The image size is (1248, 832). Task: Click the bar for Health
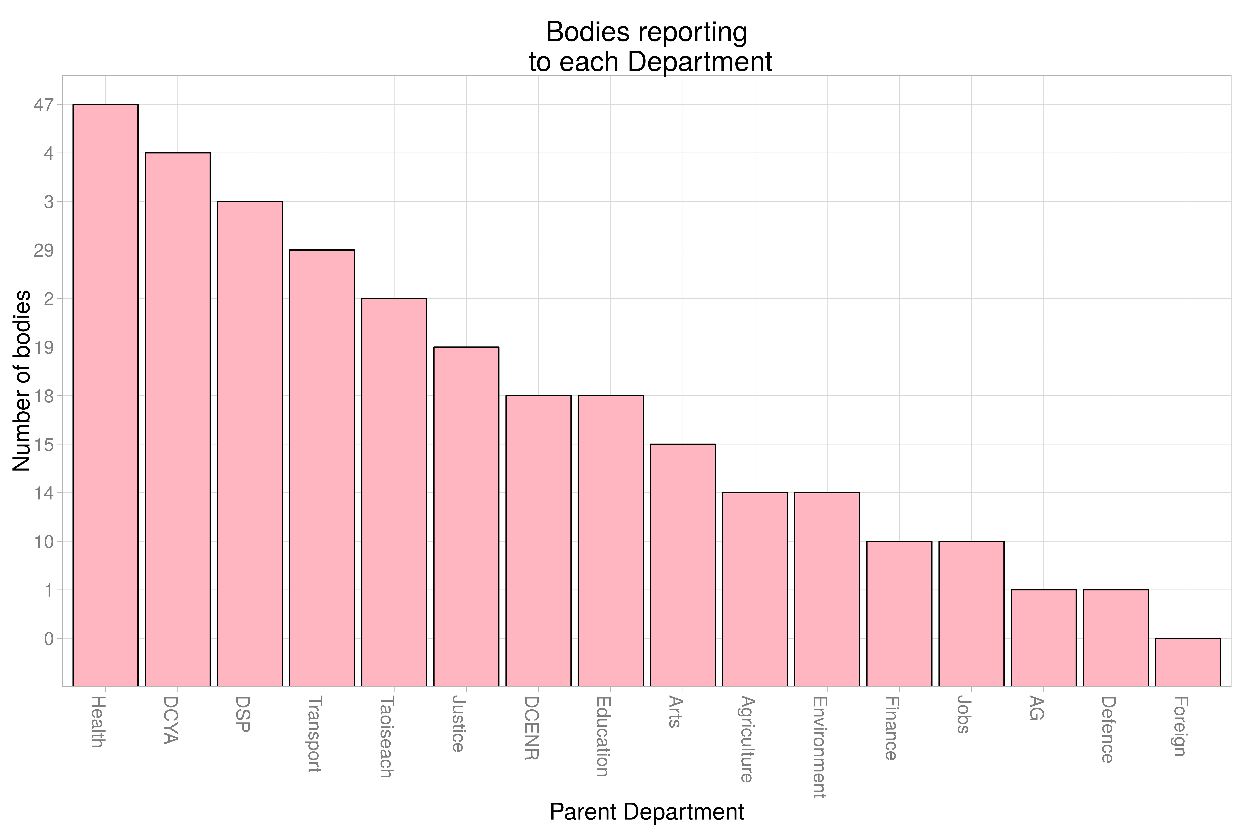(x=106, y=395)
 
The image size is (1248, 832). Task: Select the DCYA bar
(x=178, y=420)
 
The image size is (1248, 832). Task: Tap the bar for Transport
(x=322, y=468)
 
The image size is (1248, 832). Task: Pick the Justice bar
(x=466, y=517)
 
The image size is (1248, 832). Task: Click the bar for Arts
(x=683, y=565)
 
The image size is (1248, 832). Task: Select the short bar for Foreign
(x=1188, y=662)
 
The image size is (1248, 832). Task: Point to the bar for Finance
(x=899, y=614)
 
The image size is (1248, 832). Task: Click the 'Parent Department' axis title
(x=647, y=812)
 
